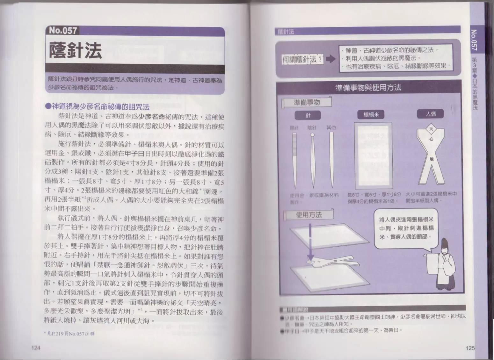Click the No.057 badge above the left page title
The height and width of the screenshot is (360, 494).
pos(63,31)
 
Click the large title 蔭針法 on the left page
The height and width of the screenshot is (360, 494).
pos(76,50)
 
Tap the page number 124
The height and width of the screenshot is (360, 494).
pos(36,348)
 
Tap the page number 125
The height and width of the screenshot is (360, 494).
pos(470,348)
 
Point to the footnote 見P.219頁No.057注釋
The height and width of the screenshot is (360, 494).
pos(69,334)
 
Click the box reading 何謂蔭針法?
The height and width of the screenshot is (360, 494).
pos(302,59)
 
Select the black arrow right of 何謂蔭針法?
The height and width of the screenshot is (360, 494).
pos(331,59)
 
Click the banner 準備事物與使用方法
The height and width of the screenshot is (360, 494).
pos(368,88)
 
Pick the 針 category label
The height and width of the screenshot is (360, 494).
pos(308,115)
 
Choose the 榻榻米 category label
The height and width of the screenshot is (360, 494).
pos(371,115)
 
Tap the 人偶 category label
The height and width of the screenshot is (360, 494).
pos(431,114)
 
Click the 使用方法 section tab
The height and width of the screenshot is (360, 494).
pos(309,215)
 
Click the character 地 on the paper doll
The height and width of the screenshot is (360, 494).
pos(431,159)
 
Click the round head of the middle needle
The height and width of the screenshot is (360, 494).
pos(312,135)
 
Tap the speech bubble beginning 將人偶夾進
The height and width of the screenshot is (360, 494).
pos(406,228)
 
